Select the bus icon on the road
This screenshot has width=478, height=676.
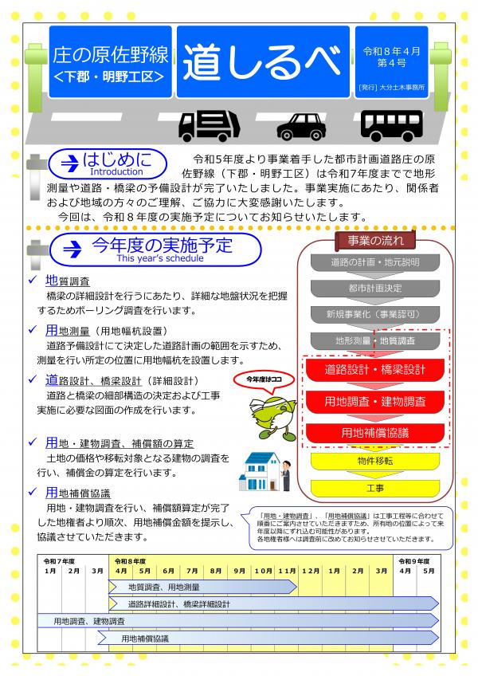pos(390,124)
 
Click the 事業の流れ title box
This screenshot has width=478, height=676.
pos(375,240)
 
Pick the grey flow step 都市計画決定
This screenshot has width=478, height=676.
pos(375,288)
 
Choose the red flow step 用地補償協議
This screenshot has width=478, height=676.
pos(375,433)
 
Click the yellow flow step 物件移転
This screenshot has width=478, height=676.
pos(375,462)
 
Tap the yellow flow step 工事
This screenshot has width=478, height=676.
pos(375,487)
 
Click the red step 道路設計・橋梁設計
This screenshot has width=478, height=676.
pos(375,370)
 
